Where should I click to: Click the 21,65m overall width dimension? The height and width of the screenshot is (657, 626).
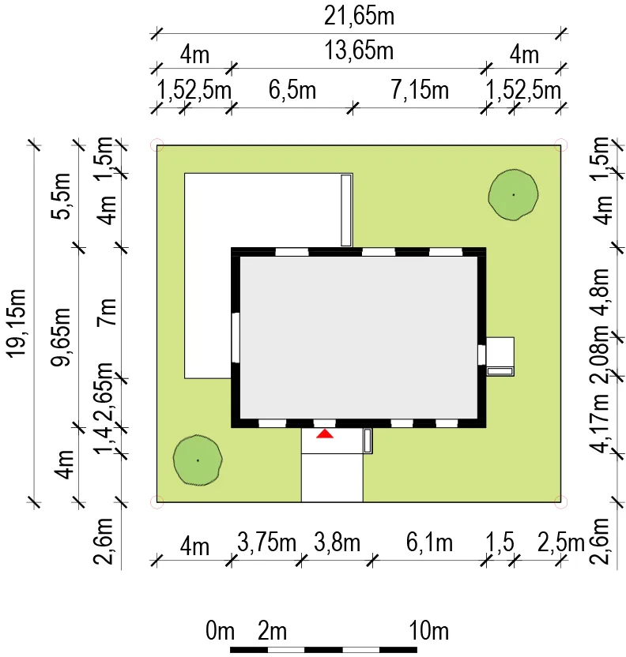[x=359, y=15]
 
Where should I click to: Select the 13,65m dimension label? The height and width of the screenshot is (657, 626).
[x=359, y=52]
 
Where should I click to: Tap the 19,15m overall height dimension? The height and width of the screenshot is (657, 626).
[x=17, y=322]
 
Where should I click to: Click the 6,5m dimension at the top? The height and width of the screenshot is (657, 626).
[x=292, y=90]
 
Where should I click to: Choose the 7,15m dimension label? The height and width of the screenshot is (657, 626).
[x=420, y=90]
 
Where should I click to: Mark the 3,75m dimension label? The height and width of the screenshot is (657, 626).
[x=266, y=543]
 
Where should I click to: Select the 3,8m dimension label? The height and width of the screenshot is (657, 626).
[x=337, y=543]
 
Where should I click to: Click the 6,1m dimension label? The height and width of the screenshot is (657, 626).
[x=429, y=543]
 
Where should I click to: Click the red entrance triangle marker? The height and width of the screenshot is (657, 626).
[x=325, y=434]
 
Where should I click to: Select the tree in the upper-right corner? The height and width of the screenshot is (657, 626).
[x=513, y=194]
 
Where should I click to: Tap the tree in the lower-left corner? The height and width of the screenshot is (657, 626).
[x=197, y=460]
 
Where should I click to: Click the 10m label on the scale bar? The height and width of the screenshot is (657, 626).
[x=429, y=632]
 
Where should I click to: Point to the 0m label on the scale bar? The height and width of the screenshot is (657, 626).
[x=220, y=632]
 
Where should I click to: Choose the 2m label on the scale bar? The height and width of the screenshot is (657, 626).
[x=273, y=632]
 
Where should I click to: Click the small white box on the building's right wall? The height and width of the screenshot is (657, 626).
[x=500, y=356]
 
